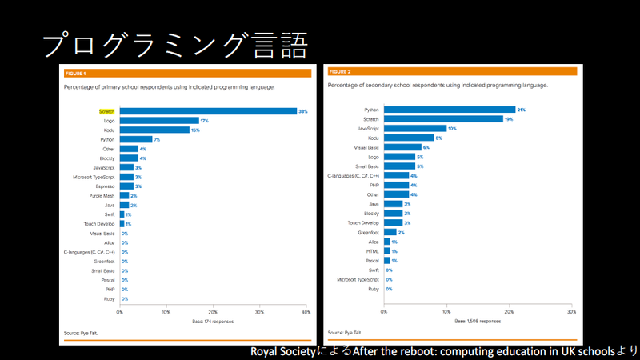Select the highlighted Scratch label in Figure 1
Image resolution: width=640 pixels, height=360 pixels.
[x=107, y=111]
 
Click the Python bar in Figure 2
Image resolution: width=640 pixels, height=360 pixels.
[x=449, y=110]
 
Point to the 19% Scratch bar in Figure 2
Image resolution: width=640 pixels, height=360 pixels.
[x=443, y=118]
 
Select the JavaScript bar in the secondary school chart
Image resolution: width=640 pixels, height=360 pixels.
[x=414, y=128]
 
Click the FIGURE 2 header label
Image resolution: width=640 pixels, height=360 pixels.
[x=340, y=72]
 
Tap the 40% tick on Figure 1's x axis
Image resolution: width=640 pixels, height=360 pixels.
[x=306, y=312]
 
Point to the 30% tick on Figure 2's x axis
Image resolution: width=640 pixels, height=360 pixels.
[x=570, y=312]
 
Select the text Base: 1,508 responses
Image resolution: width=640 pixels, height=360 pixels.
[x=478, y=321]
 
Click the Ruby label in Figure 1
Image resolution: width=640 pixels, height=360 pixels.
[x=108, y=298]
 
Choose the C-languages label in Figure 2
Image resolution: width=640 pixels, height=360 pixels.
[x=353, y=175]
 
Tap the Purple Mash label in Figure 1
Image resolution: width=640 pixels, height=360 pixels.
[x=102, y=195]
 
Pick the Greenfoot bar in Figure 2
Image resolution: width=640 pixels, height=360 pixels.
[x=390, y=232]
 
